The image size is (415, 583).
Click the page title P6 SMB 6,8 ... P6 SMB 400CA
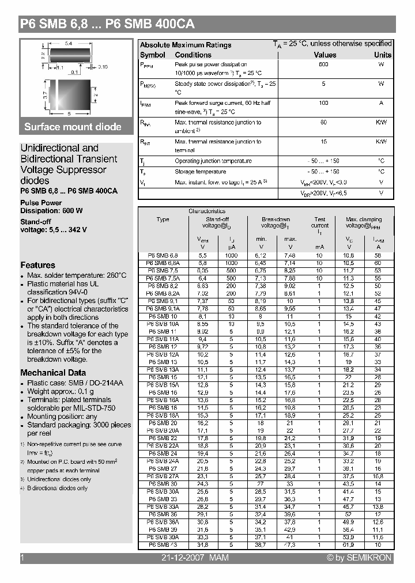[x=107, y=24]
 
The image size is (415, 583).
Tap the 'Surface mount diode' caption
[x=73, y=127]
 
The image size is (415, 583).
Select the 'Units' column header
[x=382, y=55]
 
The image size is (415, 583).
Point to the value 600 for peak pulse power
[x=323, y=65]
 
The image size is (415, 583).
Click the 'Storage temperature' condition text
[x=200, y=172]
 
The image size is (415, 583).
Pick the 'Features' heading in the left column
[x=37, y=265]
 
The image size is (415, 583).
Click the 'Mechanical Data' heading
[x=53, y=373]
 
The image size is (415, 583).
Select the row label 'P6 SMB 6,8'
[x=163, y=255]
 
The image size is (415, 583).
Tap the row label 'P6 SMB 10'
[x=163, y=316]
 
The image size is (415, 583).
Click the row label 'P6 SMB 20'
[x=163, y=422]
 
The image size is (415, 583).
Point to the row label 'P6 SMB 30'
[x=163, y=483]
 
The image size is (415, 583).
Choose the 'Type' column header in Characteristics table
[x=163, y=219]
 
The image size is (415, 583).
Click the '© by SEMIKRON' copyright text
[x=359, y=558]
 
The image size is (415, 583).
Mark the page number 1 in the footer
[x=22, y=558]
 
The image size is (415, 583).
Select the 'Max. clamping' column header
[x=364, y=219]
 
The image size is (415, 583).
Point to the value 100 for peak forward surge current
[x=323, y=103]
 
